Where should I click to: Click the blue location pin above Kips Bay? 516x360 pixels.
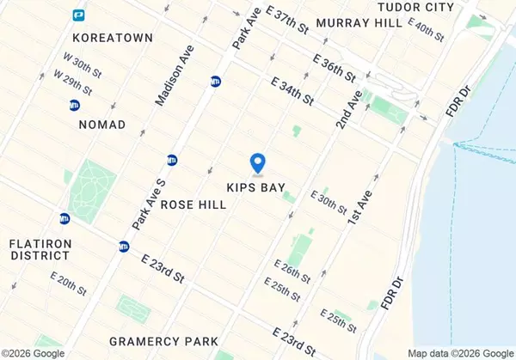[x=256, y=162]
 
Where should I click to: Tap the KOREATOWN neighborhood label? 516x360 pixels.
[x=113, y=38]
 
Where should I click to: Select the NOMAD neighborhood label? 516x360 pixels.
[x=101, y=125]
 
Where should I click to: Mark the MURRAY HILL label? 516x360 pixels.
[x=359, y=23]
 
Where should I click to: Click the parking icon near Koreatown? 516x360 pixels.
[x=79, y=15]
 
